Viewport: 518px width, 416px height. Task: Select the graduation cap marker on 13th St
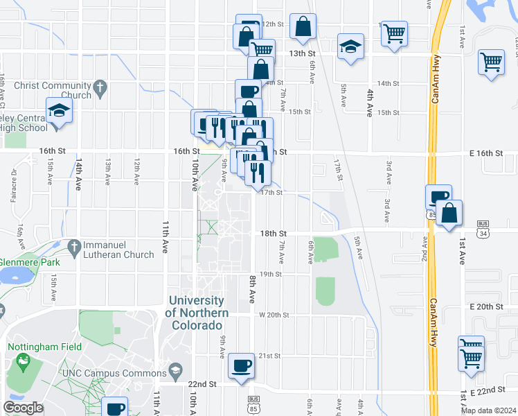[x=350, y=47]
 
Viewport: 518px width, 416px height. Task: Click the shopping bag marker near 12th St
[x=303, y=28]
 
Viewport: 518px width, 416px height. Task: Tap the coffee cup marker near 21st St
[x=241, y=365]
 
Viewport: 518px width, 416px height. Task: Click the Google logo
[x=23, y=408]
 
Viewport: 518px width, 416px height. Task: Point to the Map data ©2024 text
[x=488, y=410]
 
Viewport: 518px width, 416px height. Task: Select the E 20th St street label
[x=485, y=306]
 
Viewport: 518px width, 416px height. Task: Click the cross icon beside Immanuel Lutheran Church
[x=74, y=246]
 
